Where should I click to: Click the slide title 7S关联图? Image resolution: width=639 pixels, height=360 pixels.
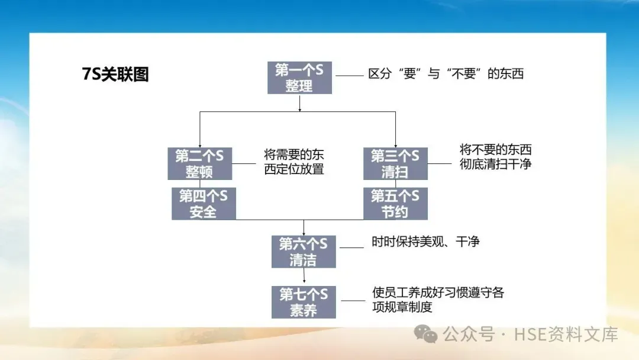[115, 75]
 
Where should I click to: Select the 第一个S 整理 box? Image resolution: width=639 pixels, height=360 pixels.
[299, 78]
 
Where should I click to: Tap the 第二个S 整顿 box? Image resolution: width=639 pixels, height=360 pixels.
[199, 163]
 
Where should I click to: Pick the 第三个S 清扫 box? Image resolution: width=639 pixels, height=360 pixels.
[395, 163]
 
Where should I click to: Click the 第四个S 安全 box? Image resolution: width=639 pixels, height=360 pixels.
[203, 204]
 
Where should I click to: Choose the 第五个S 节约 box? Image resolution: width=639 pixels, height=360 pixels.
[395, 204]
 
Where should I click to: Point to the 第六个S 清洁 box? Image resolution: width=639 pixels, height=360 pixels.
[304, 252]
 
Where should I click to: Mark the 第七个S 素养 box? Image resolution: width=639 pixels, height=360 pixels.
[304, 302]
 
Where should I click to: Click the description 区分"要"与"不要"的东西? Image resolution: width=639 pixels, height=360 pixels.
[446, 74]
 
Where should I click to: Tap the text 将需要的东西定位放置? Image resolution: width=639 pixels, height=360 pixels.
[294, 162]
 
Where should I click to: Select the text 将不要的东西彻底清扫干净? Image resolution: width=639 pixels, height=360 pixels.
[495, 157]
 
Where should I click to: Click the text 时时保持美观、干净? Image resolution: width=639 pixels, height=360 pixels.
[425, 242]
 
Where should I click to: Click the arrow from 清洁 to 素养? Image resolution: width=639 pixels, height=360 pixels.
[304, 276]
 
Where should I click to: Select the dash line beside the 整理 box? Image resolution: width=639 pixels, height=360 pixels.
[349, 76]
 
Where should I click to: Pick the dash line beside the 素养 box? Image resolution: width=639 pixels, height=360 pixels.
[353, 301]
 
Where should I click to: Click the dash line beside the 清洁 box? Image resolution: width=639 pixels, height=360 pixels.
[353, 247]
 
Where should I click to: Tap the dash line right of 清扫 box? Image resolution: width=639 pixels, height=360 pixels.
[439, 163]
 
